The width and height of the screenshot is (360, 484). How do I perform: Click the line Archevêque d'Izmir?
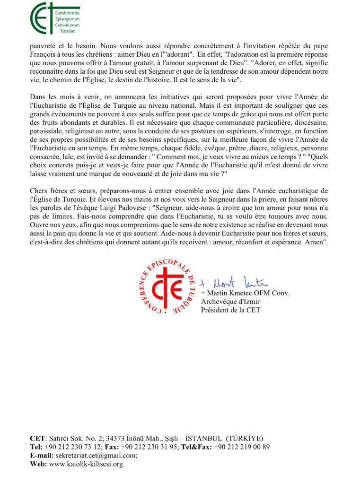[x=228, y=302]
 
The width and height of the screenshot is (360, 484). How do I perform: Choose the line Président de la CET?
[x=230, y=310]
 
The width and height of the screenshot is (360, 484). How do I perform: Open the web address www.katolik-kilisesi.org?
[x=86, y=464]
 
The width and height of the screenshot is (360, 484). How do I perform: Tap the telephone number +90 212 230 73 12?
[x=72, y=447]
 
